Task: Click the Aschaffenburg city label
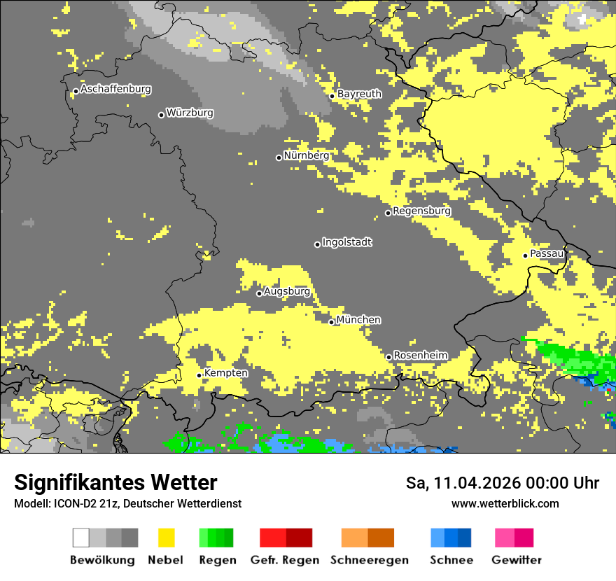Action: pos(115,90)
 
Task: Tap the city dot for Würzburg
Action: pos(161,115)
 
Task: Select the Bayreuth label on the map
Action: pos(359,94)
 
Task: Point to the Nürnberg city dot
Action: pos(279,157)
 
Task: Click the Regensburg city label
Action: pos(421,211)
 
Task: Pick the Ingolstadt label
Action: pos(346,242)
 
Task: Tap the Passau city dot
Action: pos(525,255)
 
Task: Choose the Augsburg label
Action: pos(286,292)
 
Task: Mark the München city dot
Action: pos(332,322)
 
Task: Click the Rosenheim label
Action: pos(420,356)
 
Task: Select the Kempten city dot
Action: pos(199,375)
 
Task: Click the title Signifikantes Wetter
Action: pos(115,483)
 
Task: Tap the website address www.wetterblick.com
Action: pos(505,503)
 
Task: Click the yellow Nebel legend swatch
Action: pos(167,538)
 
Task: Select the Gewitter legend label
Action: pos(517,560)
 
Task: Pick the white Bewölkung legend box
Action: pos(80,538)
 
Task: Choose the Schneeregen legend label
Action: pos(368,560)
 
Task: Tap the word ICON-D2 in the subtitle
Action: pos(74,504)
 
